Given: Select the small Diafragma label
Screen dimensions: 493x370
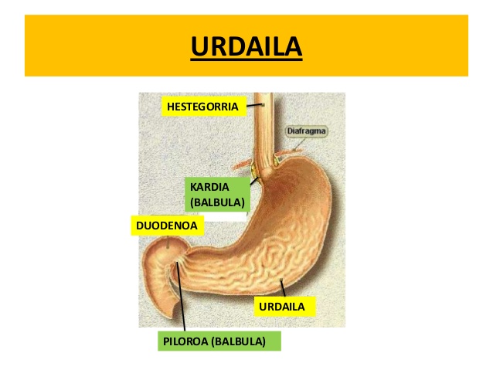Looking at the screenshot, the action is point(306,131).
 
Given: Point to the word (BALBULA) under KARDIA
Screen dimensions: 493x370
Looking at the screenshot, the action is point(216,203).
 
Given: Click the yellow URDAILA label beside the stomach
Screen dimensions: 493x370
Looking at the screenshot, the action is point(284,307).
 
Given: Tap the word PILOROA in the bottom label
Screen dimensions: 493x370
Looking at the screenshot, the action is point(185,341).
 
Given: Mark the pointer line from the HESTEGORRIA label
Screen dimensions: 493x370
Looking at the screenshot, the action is point(254,105).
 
